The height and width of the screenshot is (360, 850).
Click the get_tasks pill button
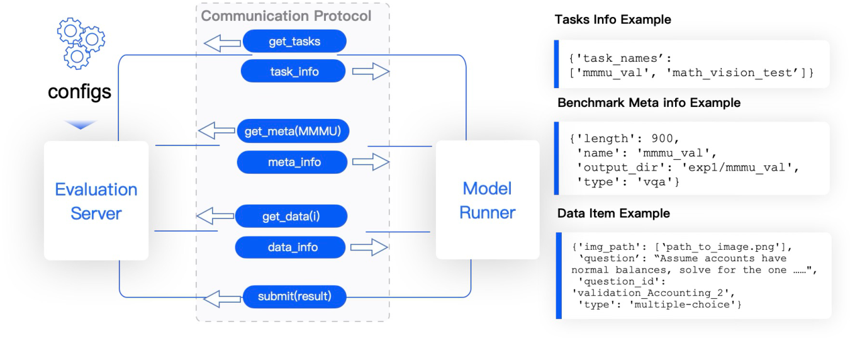click(x=294, y=42)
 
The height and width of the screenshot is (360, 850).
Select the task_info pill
click(x=294, y=72)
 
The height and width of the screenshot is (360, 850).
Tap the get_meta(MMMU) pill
click(x=293, y=132)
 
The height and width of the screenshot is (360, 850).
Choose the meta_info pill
click(x=292, y=162)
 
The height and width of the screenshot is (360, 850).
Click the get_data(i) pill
click(x=291, y=217)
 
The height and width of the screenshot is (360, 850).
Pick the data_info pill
click(x=290, y=247)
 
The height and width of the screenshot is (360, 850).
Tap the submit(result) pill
click(x=294, y=296)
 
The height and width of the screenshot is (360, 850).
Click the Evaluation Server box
click(x=96, y=201)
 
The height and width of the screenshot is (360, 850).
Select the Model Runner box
click(x=487, y=200)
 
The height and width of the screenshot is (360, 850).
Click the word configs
click(x=80, y=92)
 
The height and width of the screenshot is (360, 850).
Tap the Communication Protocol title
click(x=286, y=16)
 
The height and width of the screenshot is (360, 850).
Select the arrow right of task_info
click(x=370, y=72)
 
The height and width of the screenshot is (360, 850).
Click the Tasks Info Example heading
click(x=613, y=20)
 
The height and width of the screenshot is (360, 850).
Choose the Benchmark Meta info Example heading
click(x=649, y=102)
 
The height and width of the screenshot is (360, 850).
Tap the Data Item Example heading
click(x=613, y=213)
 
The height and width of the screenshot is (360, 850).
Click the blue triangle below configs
click(x=81, y=125)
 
